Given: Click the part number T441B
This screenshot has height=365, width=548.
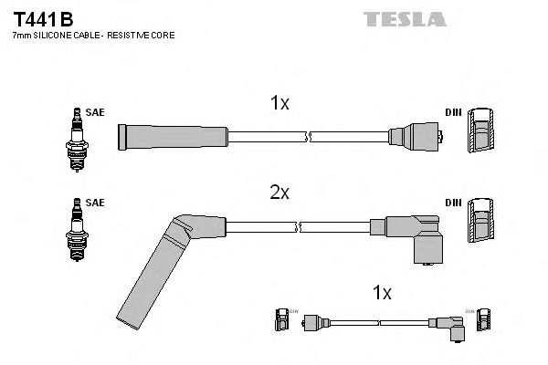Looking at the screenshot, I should coord(44,18).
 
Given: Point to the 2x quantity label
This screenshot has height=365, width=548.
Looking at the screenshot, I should coord(279,193).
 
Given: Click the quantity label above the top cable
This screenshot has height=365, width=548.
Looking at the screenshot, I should coord(279,104).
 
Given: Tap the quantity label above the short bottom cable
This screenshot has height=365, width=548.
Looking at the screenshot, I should coord(382,293).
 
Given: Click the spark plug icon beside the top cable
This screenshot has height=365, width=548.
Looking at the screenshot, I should coord(76,137).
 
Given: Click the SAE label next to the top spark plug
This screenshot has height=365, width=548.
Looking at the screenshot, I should coord(97,112).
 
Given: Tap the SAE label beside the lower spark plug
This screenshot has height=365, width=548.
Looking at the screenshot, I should coord(97,202).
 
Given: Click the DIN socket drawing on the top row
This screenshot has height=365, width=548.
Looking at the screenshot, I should coord(481,136).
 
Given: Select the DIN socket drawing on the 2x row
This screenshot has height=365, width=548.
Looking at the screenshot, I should coord(481,224).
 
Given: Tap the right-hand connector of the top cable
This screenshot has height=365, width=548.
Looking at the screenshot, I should coord(416,137).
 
